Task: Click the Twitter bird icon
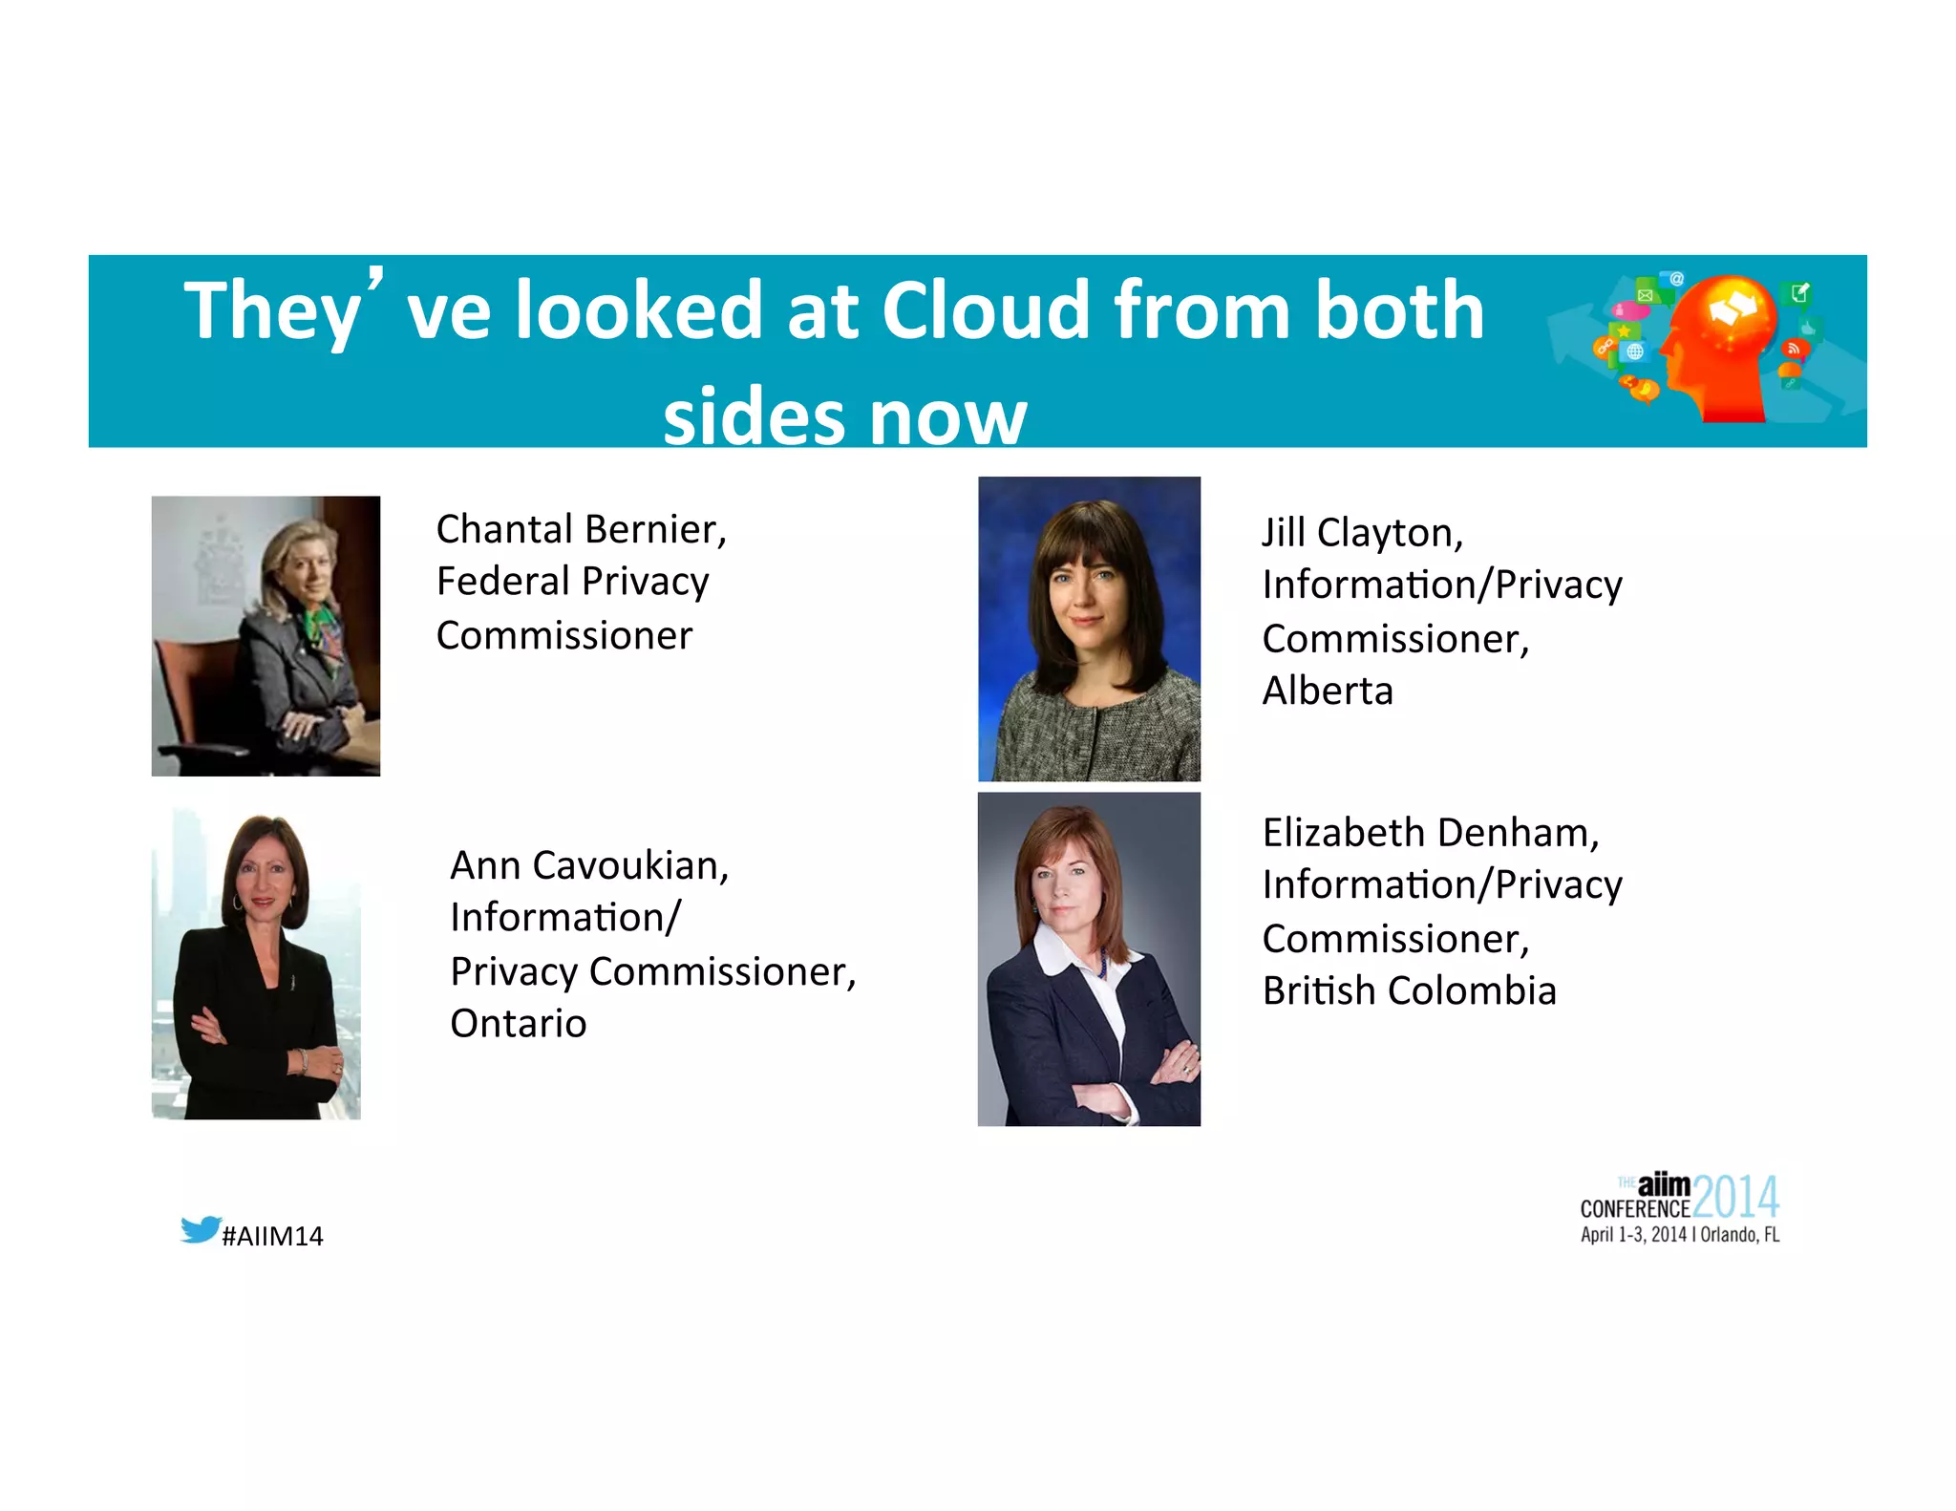201,1229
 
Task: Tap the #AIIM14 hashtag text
272,1236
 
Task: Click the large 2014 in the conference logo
1735,1197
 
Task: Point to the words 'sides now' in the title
844,417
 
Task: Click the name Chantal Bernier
581,529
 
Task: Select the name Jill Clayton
1362,533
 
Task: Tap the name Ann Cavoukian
589,865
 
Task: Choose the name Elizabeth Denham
1430,833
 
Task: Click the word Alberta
1328,691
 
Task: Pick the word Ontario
519,1024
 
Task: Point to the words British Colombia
1409,991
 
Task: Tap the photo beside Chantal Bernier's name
266,635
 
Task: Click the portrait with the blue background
1089,628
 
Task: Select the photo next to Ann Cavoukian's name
256,965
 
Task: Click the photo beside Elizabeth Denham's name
1089,959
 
